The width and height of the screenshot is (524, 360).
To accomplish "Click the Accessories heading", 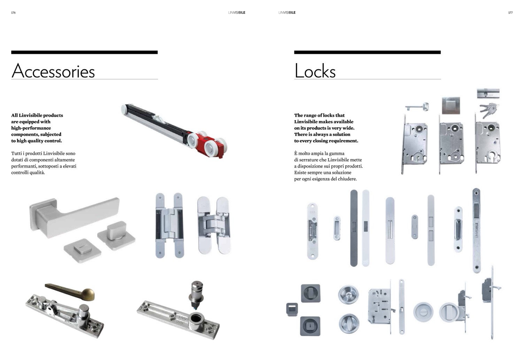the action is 53,71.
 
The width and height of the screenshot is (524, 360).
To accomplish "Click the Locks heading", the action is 315,71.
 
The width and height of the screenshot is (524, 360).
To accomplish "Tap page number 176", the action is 13,13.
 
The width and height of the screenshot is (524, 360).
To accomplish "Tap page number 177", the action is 510,13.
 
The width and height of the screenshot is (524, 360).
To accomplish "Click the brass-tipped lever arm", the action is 70,292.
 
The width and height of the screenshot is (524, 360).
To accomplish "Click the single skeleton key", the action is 417,107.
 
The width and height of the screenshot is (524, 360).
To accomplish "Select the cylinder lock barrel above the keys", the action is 488,93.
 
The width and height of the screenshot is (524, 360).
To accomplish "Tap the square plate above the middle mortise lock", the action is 451,106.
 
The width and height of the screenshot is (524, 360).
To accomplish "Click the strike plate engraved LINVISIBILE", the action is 476,230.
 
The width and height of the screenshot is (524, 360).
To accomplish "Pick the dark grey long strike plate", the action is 354,228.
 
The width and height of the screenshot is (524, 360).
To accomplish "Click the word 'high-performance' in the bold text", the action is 31,128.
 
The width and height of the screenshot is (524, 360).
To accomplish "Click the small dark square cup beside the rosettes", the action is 292,309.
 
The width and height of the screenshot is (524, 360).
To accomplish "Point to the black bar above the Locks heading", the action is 367,52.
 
